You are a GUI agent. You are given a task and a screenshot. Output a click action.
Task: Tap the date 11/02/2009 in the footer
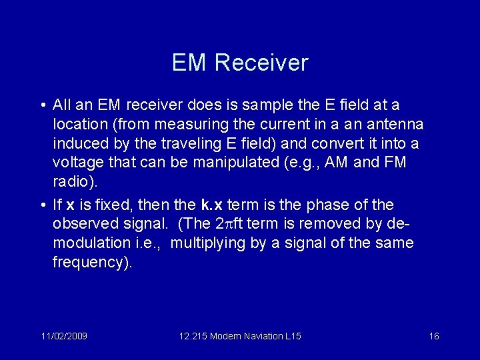pyautogui.click(x=63, y=336)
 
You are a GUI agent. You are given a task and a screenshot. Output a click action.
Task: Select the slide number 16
pyautogui.click(x=433, y=336)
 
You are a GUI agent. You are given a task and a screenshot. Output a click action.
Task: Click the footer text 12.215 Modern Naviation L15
pyautogui.click(x=240, y=336)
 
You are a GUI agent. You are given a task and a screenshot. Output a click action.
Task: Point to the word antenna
pyautogui.click(x=395, y=124)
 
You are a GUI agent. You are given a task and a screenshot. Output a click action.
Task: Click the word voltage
pyautogui.click(x=76, y=163)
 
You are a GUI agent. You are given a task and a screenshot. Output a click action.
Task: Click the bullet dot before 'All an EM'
pyautogui.click(x=42, y=105)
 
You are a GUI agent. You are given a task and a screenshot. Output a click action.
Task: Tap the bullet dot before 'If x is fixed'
pyautogui.click(x=42, y=205)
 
